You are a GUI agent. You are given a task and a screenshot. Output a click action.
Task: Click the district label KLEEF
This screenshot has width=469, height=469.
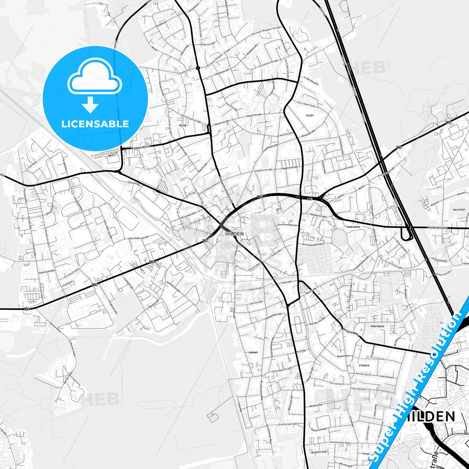[310, 116]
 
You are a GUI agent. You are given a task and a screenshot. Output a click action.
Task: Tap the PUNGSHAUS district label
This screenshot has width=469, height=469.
[353, 227]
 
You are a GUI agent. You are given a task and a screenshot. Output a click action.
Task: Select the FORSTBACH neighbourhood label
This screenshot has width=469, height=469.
[377, 326]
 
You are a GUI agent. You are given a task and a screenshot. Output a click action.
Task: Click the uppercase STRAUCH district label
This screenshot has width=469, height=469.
[364, 365]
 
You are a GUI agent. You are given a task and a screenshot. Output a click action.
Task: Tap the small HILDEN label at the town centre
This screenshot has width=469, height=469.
[234, 234]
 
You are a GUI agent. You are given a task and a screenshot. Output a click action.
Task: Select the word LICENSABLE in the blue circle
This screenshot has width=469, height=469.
[95, 124]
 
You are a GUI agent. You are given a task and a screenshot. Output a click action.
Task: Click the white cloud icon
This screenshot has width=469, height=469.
[94, 76]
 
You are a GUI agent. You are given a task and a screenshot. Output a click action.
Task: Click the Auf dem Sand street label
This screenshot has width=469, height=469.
[141, 147]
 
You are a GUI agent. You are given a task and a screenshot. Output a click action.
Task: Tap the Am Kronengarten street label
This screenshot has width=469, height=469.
[287, 225]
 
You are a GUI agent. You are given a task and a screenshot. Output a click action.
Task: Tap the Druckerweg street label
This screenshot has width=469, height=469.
[345, 168]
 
